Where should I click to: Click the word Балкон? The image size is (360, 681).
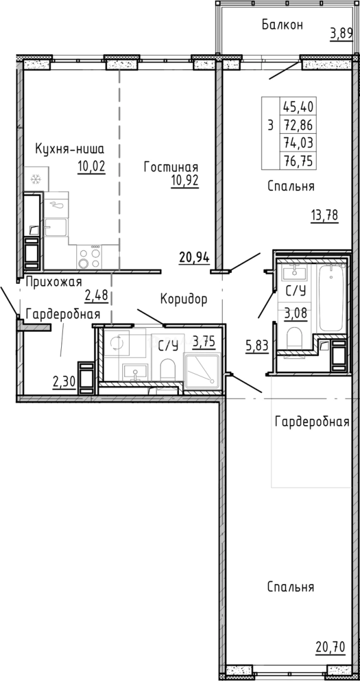282,25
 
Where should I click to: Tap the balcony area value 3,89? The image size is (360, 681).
341,33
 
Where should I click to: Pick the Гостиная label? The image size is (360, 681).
170,167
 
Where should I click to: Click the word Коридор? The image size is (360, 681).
183,300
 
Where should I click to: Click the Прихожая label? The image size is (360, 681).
54,282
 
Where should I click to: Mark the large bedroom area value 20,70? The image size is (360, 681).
330,646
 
